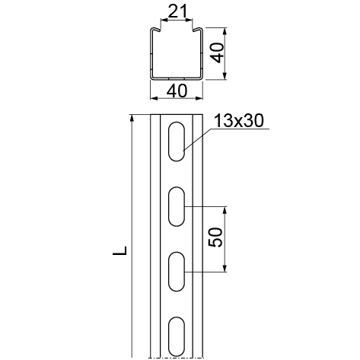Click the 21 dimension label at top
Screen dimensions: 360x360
coord(177,11)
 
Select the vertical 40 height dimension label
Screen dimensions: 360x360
coord(218,53)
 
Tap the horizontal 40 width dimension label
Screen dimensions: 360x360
coord(177,91)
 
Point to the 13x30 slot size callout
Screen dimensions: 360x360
coord(239,120)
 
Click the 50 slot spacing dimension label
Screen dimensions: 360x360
coord(215,237)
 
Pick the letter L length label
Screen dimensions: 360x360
coord(119,250)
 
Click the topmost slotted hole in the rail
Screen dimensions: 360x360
coord(177,142)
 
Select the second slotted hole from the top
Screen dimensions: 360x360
coord(177,206)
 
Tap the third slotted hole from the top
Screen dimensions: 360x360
coord(177,272)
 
